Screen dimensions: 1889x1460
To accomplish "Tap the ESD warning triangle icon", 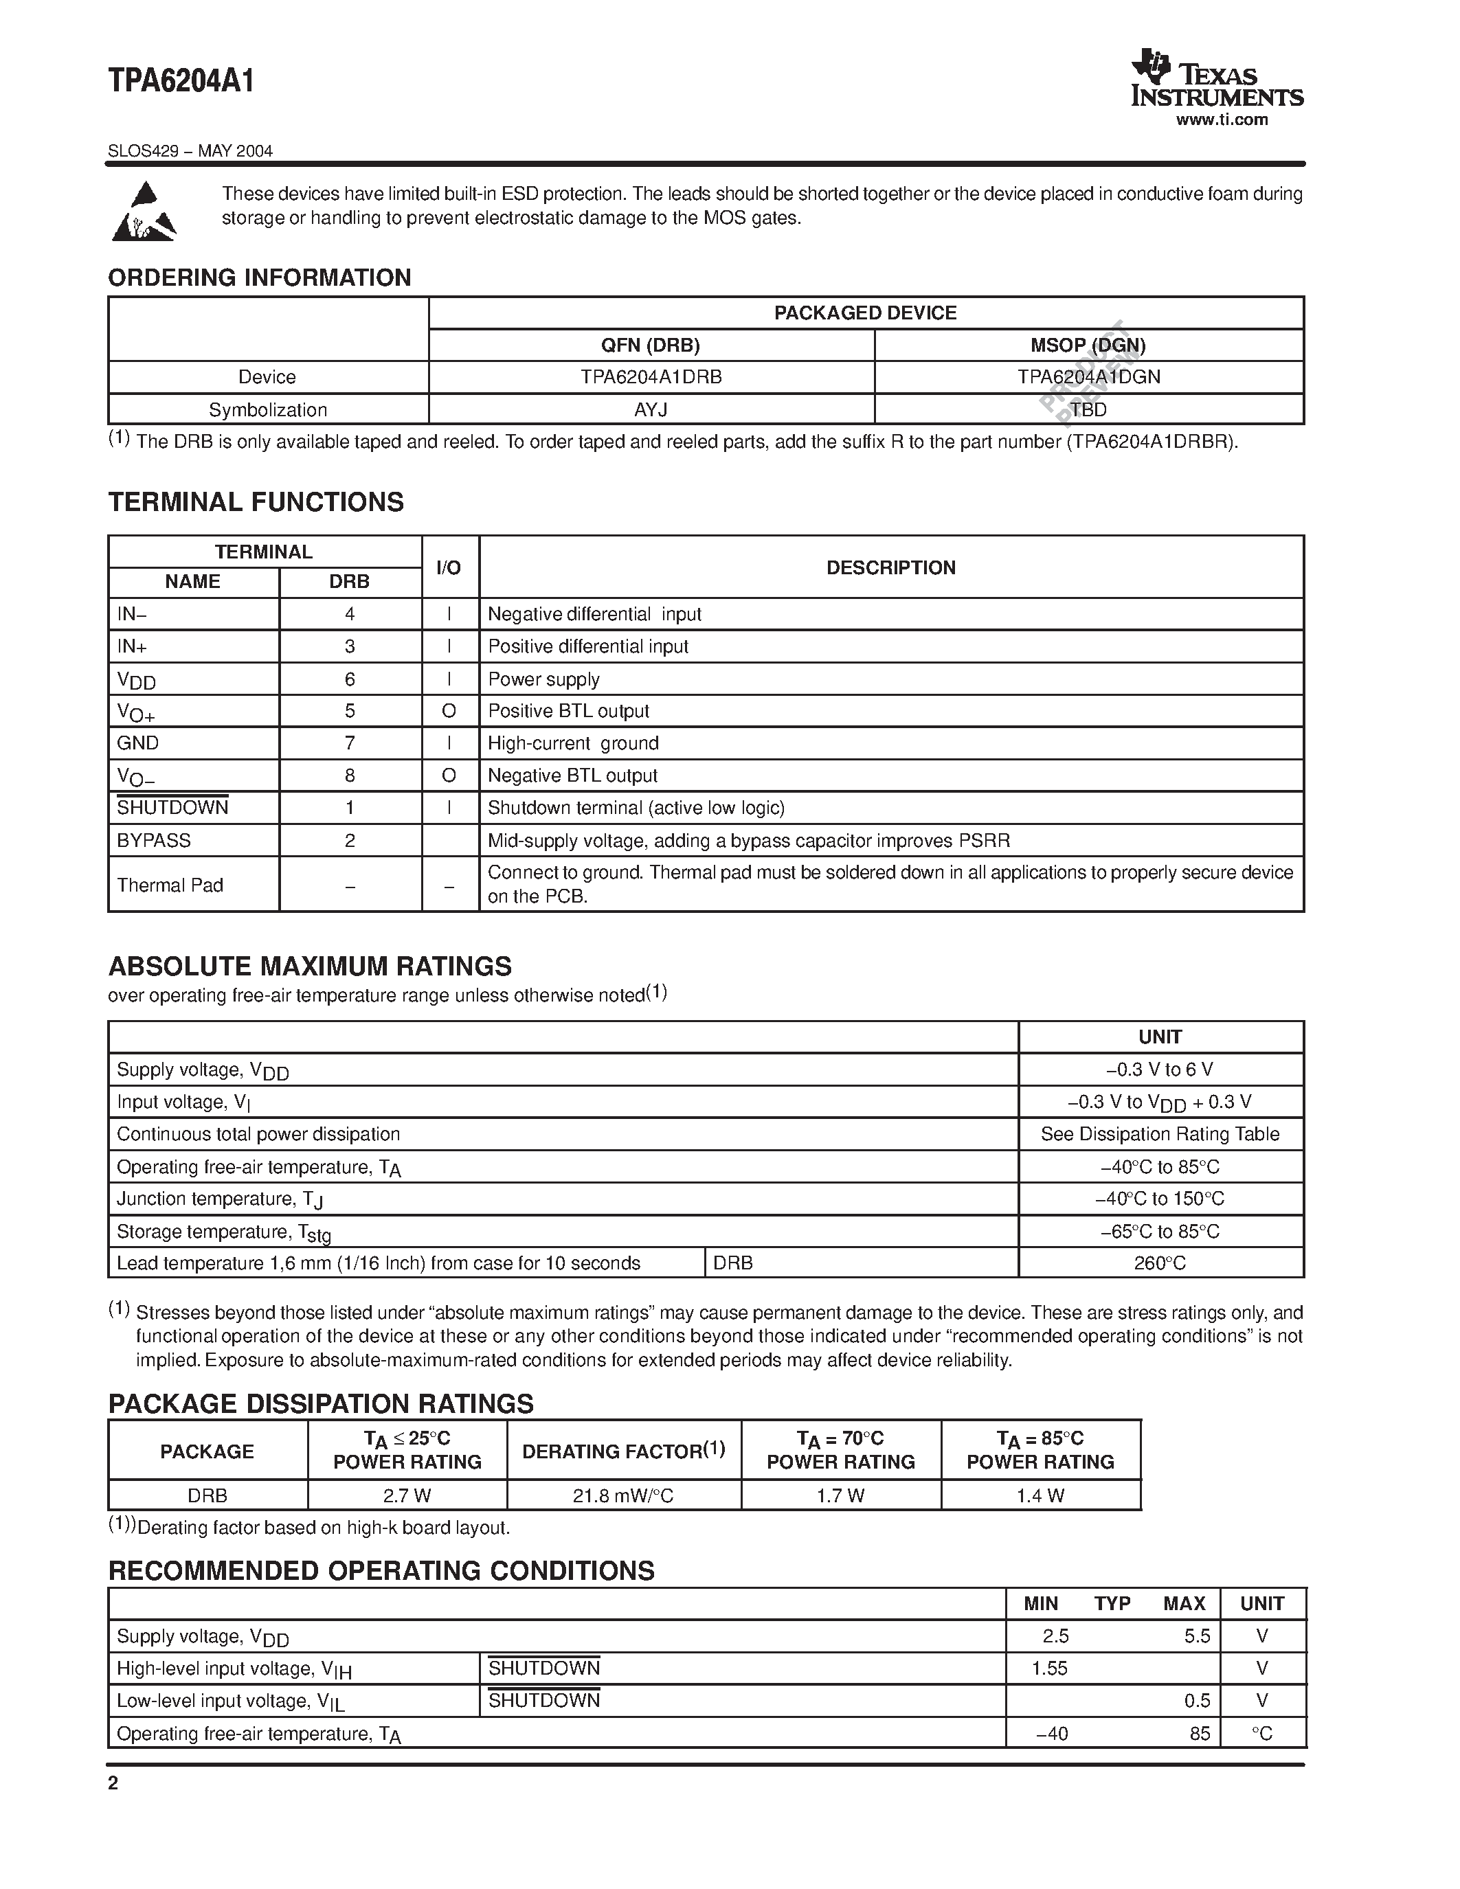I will (144, 212).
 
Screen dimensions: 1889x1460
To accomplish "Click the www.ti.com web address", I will (1222, 120).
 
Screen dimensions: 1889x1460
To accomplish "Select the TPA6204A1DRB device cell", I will (651, 377).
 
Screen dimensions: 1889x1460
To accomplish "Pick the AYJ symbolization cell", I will (651, 410).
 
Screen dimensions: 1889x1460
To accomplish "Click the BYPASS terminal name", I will (154, 841).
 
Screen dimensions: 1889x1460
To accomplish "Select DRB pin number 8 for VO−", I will (350, 776).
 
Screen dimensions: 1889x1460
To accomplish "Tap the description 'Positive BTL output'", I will (568, 711).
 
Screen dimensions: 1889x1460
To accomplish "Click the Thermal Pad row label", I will (170, 885).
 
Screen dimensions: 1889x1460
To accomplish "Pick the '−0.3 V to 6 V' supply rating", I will (1159, 1070).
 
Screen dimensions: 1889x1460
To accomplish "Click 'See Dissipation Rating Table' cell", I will (1159, 1134).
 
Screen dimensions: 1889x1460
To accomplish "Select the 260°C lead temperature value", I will (1159, 1264).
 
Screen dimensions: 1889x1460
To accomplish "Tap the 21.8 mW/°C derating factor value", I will (622, 1495).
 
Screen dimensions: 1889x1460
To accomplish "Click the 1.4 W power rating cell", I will (1040, 1495).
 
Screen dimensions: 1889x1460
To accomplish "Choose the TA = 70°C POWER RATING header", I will (841, 1451).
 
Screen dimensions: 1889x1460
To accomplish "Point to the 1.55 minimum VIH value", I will (1049, 1669).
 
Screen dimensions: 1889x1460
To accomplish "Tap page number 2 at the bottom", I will (113, 1783).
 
